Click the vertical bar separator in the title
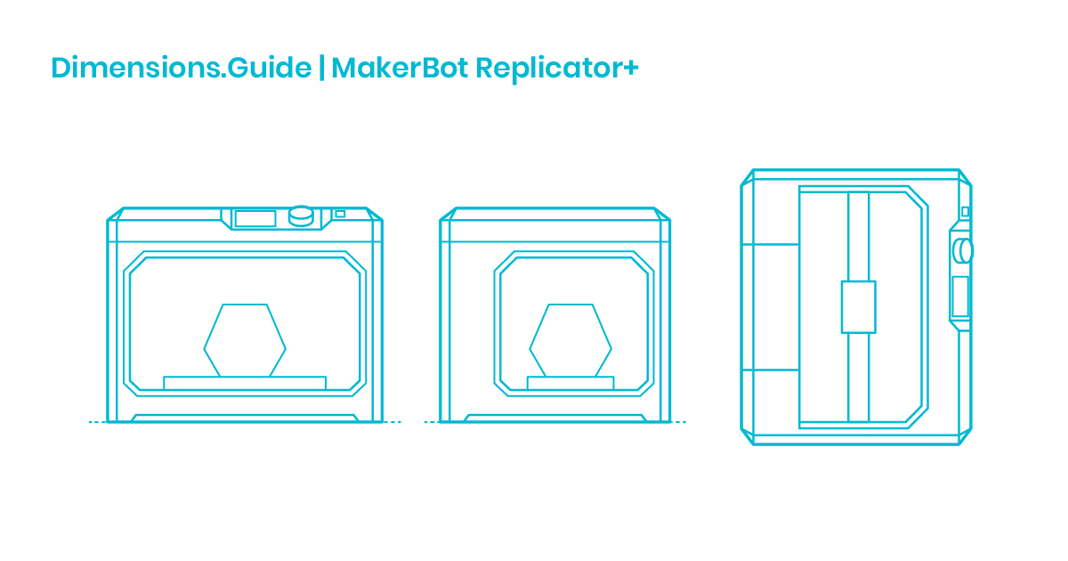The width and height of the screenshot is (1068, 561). [x=321, y=69]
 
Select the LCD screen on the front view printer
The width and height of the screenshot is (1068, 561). [x=255, y=218]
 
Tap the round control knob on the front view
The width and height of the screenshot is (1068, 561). [x=302, y=215]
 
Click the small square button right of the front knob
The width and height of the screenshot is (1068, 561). [x=340, y=214]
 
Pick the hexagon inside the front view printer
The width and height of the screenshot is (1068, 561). [x=245, y=340]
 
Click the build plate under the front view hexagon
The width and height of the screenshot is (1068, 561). [x=245, y=383]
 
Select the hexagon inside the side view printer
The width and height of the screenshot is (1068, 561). [x=570, y=340]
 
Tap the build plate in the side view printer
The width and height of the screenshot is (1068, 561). [x=570, y=383]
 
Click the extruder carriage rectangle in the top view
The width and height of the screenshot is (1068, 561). [x=858, y=307]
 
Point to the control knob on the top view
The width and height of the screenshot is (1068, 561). [x=962, y=251]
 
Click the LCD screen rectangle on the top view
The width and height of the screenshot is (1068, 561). [x=959, y=297]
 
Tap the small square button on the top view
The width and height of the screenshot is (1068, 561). [x=965, y=211]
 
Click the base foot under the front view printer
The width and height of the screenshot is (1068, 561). [x=245, y=418]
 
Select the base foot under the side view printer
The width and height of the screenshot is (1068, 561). [x=555, y=418]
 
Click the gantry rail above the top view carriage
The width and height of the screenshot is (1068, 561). [x=858, y=236]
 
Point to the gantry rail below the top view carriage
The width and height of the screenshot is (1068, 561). [x=858, y=378]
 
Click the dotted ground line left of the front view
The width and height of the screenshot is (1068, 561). [x=96, y=422]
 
